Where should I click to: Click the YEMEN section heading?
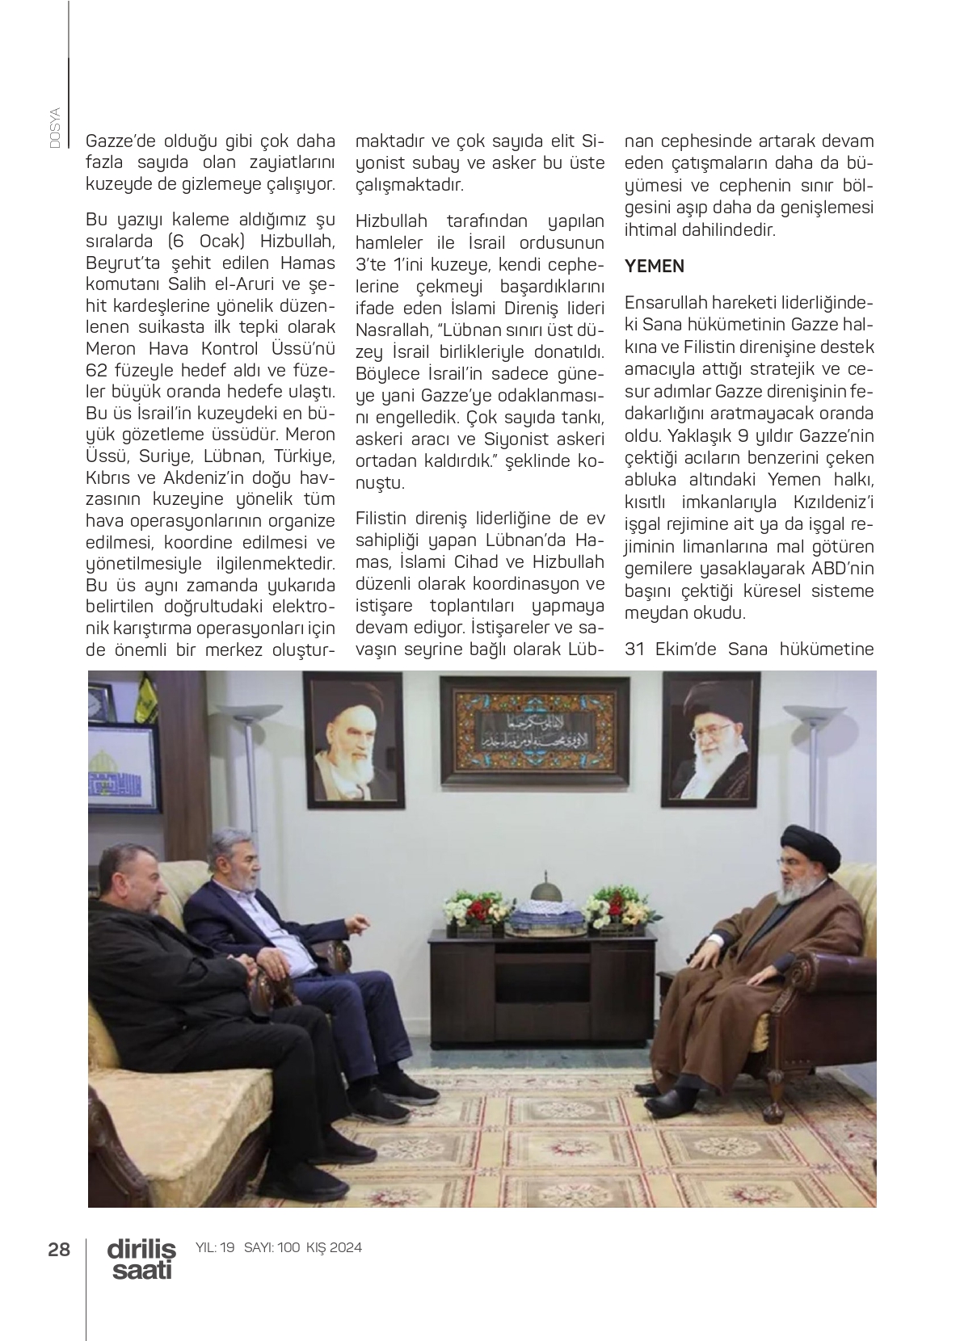tap(654, 266)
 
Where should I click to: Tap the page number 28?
tap(59, 1249)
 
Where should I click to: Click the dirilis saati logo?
tap(141, 1258)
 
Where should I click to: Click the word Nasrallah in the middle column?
tap(397, 330)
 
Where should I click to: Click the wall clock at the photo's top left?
tap(95, 702)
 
